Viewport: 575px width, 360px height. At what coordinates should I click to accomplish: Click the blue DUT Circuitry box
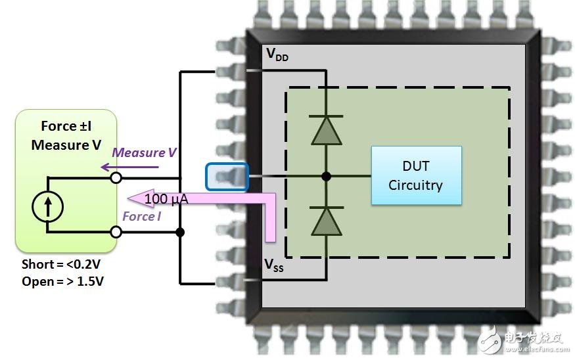[416, 175]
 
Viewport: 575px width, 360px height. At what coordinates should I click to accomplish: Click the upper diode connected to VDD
[326, 130]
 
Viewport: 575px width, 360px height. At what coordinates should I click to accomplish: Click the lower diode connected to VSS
[326, 221]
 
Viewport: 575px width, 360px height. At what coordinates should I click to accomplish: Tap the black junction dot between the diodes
[326, 176]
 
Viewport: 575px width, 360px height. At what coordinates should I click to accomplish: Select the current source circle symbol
[48, 207]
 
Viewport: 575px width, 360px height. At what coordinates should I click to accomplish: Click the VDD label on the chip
[277, 55]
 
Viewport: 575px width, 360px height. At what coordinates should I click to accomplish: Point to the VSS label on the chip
[274, 265]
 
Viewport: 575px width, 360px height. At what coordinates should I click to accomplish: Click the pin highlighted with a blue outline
[227, 177]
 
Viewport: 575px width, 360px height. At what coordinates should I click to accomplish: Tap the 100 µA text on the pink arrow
[166, 198]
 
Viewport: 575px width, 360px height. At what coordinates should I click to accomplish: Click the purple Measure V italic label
[144, 152]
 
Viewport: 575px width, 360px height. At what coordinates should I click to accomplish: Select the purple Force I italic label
[141, 216]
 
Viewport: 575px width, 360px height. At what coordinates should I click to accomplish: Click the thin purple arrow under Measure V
[130, 167]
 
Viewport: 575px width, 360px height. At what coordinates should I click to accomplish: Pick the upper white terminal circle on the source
[116, 178]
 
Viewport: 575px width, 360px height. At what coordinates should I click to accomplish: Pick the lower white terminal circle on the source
[116, 232]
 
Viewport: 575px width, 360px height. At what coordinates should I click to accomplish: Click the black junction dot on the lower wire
[179, 232]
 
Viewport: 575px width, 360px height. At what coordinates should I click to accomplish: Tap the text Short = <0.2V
[61, 264]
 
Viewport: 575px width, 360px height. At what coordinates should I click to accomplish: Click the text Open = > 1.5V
[62, 281]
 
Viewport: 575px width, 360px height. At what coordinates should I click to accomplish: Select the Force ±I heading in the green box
[66, 126]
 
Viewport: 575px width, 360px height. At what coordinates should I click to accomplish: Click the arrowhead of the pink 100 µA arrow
[137, 198]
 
